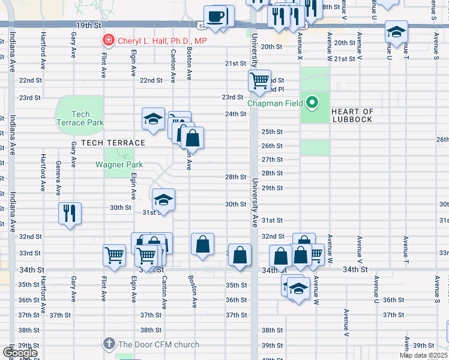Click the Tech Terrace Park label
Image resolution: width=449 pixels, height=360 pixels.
click(x=80, y=118)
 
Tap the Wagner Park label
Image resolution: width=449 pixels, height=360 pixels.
click(x=118, y=164)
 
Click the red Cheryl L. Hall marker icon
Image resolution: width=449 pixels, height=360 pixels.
click(x=108, y=41)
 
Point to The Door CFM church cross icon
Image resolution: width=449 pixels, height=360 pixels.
click(x=108, y=344)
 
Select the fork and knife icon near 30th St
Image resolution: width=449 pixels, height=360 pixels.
click(x=69, y=212)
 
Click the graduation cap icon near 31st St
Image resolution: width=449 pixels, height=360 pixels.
click(x=163, y=199)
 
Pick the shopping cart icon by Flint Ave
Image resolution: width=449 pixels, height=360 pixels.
click(x=113, y=255)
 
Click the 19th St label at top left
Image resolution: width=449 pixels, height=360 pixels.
click(x=88, y=26)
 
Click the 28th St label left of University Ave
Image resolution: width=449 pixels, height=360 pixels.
click(x=236, y=177)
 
